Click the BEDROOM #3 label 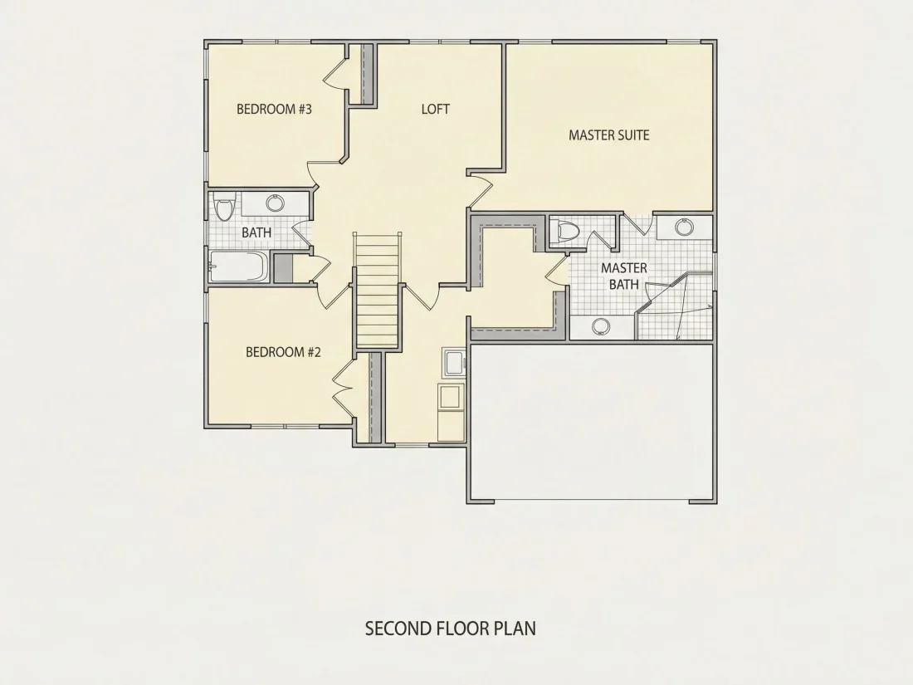click(274, 109)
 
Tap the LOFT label click(436, 109)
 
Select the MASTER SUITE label click(609, 135)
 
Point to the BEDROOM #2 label click(283, 352)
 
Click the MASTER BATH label click(624, 276)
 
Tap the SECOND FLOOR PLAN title click(451, 629)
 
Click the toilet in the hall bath click(223, 207)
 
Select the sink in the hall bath click(275, 203)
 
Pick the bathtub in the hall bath click(239, 267)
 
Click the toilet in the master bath click(564, 231)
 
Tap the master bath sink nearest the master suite click(684, 227)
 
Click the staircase click(378, 291)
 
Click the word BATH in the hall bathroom click(256, 232)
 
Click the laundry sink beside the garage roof click(454, 365)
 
